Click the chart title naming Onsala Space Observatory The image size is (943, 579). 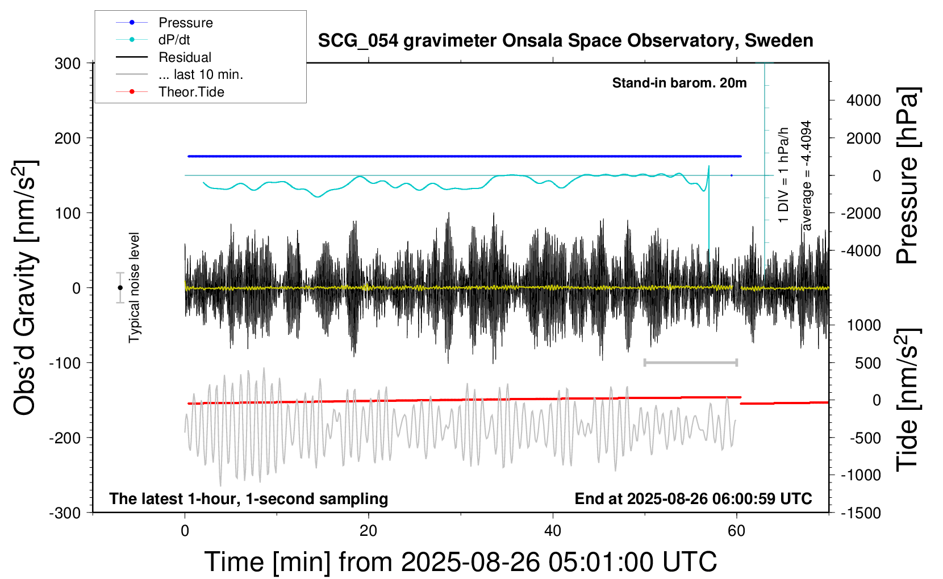[x=565, y=41]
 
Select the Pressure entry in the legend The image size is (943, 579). [x=185, y=23]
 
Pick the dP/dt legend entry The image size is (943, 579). [x=174, y=40]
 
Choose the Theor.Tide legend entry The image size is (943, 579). [x=191, y=92]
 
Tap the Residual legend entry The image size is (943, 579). [x=185, y=57]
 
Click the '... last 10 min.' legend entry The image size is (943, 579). [x=201, y=74]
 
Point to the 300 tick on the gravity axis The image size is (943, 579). [x=68, y=64]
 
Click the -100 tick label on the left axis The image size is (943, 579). [x=65, y=363]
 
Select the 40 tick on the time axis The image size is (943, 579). [x=552, y=531]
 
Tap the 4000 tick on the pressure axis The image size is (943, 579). [x=863, y=100]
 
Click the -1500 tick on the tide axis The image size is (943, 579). [x=861, y=513]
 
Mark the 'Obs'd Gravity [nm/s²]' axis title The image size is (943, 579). [x=26, y=288]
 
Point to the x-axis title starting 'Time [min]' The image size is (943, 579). [x=460, y=562]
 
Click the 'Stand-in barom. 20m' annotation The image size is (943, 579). [x=679, y=83]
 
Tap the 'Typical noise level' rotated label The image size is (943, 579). [x=134, y=287]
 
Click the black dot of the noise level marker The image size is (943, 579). [x=120, y=288]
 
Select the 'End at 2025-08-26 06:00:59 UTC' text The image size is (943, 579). [x=693, y=499]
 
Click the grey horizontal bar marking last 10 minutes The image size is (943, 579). [x=690, y=362]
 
